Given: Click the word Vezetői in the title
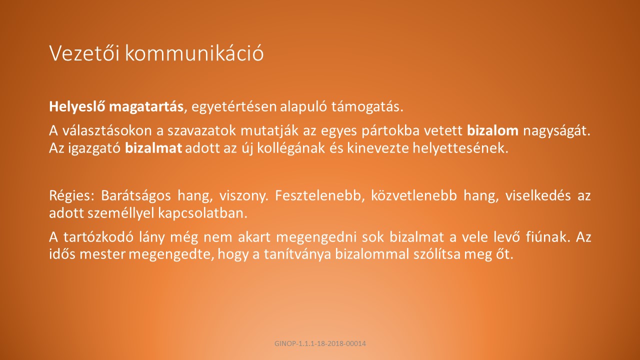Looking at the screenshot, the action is (x=84, y=53).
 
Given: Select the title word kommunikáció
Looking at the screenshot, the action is (x=194, y=53).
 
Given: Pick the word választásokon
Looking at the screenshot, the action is (x=109, y=130).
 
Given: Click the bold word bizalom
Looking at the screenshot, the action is (x=492, y=130).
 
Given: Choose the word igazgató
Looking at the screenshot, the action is (x=94, y=148).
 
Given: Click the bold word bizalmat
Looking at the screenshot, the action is (x=153, y=148).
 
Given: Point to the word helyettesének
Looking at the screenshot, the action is (x=460, y=148).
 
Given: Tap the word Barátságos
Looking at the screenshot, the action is (x=136, y=196).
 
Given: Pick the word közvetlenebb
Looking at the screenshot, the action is (x=414, y=195).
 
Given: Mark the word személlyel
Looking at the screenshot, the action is (x=121, y=213).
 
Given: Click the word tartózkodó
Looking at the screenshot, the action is (x=98, y=237).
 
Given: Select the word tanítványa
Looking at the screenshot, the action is (x=297, y=255).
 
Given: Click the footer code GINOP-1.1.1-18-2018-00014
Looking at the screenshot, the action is (x=320, y=343).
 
